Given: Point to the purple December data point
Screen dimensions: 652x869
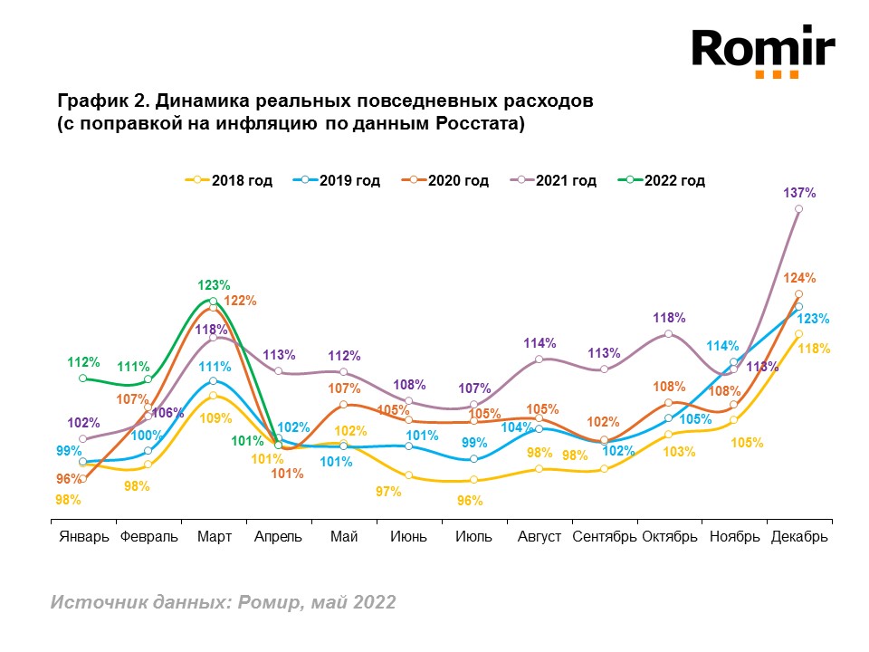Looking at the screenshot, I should pos(799,209).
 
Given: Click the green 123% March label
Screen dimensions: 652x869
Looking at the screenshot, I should pos(214,284).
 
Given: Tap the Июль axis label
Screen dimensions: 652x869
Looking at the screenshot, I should pos(474,536).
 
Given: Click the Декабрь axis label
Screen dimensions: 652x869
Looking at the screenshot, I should pos(799,536).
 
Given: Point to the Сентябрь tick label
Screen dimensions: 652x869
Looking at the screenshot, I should pos(604,536).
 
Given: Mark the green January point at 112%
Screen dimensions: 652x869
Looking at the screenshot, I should pos(82,379).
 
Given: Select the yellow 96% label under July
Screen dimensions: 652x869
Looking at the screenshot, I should pos(469,500).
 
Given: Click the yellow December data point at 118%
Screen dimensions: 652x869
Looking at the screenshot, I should pos(798,334).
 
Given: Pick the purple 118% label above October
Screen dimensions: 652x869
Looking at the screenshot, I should pos(670,318).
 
